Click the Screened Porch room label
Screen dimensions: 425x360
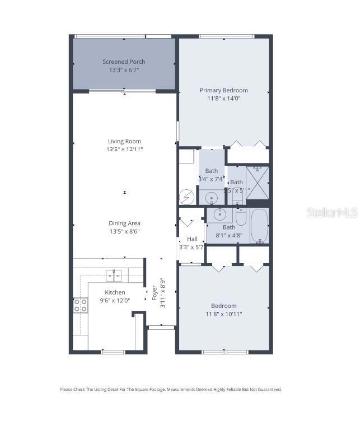[x=124, y=62]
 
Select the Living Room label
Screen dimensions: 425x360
[x=124, y=141]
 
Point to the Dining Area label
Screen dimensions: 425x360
[x=124, y=223]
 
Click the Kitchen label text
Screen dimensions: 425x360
[x=115, y=292]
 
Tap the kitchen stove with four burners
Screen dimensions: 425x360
[x=81, y=305]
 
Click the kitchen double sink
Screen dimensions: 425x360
[x=114, y=274]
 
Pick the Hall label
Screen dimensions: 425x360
[x=192, y=239]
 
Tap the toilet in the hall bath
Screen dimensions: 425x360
[x=241, y=217]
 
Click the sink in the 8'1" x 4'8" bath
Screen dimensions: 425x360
[x=219, y=213]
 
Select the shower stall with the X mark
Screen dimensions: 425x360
[x=257, y=182]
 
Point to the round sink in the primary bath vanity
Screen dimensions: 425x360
[x=211, y=197]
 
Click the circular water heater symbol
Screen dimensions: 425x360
[x=186, y=197]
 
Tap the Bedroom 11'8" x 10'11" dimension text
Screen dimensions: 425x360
[x=223, y=314]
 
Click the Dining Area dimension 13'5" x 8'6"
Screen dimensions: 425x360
[x=124, y=231]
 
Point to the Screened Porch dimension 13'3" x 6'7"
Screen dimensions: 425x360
[x=124, y=70]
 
